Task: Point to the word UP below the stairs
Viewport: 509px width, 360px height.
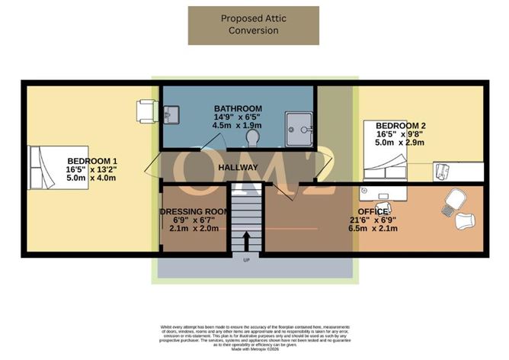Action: point(245,261)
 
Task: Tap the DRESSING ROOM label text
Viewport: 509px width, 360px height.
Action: point(194,211)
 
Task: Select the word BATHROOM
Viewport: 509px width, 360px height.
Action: point(238,108)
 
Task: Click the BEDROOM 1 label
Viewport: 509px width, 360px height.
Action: point(91,162)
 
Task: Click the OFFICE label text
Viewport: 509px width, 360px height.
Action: point(373,211)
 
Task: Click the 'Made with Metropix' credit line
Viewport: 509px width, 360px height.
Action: point(254,349)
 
